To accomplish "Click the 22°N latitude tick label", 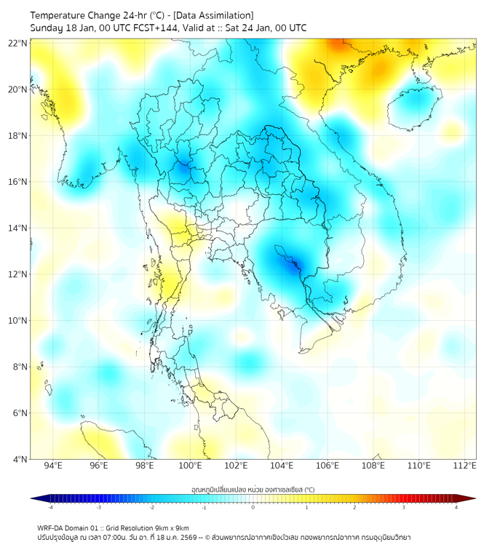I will tap(18, 43).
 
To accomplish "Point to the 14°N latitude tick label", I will tap(18, 228).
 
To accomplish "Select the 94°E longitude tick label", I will tap(53, 466).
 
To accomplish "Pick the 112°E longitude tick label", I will tap(464, 466).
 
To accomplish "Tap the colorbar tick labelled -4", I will tap(50, 507).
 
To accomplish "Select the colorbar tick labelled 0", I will tap(253, 507).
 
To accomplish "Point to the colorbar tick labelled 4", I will tap(456, 507).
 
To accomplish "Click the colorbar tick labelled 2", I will tap(355, 507).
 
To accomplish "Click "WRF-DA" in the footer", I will tap(52, 527).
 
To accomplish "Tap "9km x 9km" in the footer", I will tap(172, 527).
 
